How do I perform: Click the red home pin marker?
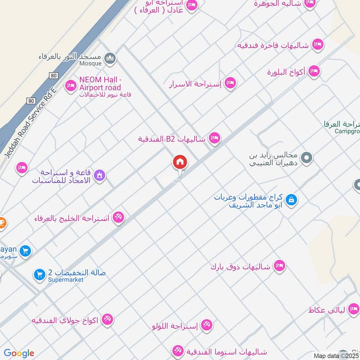[180, 162]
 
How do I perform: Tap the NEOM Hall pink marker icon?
[71, 85]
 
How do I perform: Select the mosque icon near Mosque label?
[110, 58]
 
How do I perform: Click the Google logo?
[19, 353]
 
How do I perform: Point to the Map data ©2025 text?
[336, 355]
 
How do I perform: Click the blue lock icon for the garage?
[291, 199]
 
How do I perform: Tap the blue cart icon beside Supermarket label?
[39, 274]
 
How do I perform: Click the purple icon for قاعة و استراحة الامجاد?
[100, 175]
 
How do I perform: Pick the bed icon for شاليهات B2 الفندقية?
[215, 138]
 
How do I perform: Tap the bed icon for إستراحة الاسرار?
[230, 83]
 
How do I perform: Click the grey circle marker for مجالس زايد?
[307, 157]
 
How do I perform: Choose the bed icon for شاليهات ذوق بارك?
[279, 266]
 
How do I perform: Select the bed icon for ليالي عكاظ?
[353, 309]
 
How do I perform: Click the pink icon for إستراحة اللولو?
[207, 324]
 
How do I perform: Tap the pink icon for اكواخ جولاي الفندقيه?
[107, 319]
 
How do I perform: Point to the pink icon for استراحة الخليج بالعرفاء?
[118, 217]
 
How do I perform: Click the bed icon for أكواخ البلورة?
[314, 71]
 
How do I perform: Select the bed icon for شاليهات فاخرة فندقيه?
[318, 45]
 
